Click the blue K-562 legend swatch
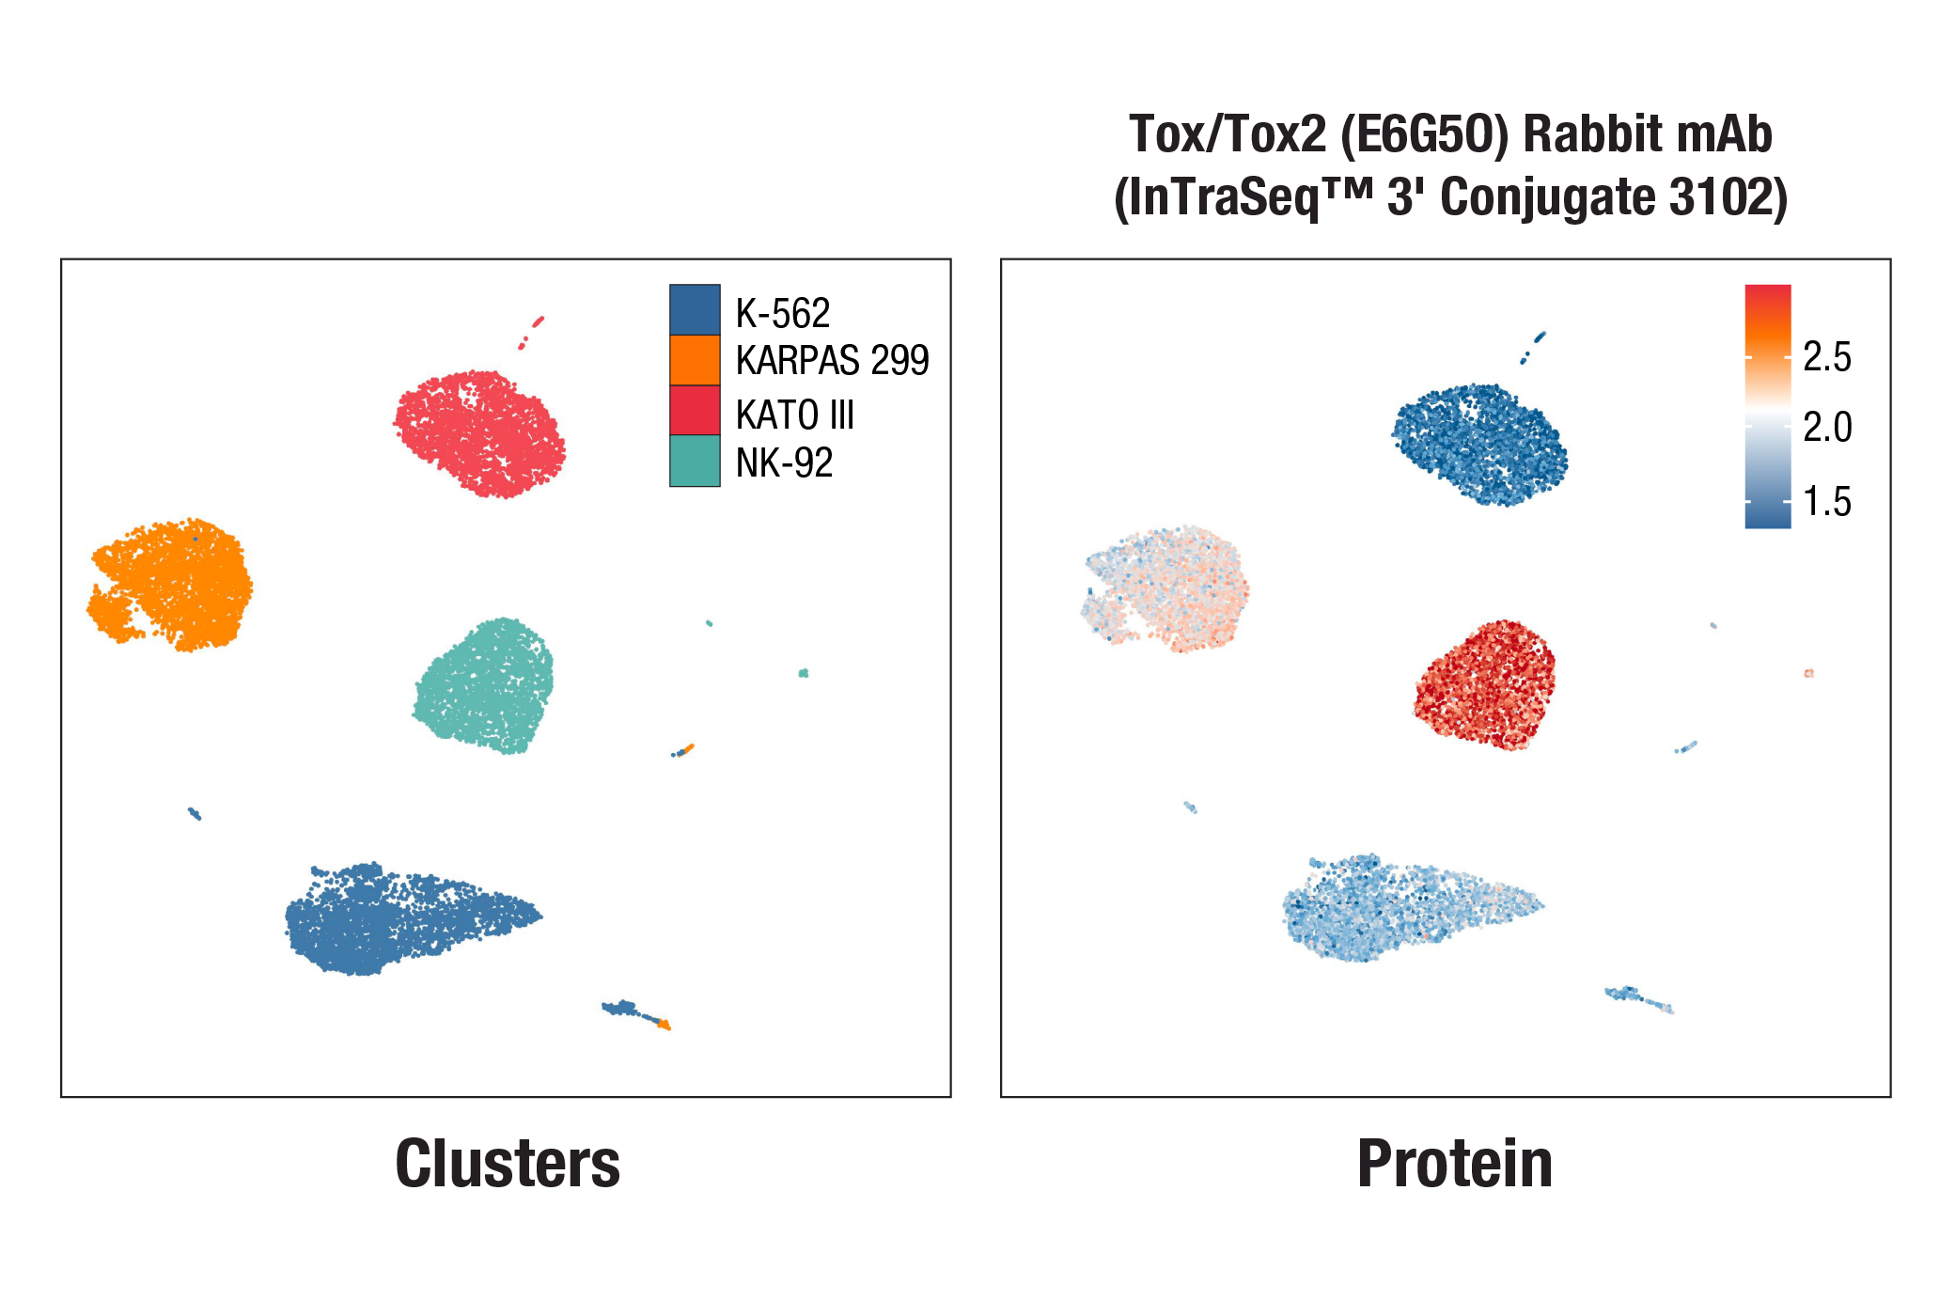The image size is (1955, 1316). click(x=695, y=309)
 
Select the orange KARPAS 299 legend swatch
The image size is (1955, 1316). click(x=695, y=360)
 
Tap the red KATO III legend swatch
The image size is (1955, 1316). click(x=695, y=411)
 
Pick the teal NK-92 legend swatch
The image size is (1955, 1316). click(x=695, y=461)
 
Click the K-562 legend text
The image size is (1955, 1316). click(x=783, y=314)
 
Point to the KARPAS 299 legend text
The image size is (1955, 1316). click(x=832, y=361)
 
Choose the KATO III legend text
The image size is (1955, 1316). click(x=794, y=415)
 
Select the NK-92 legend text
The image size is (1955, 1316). click(x=784, y=463)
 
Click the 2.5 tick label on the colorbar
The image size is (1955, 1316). click(x=1826, y=357)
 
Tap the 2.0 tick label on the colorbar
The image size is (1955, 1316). click(x=1826, y=428)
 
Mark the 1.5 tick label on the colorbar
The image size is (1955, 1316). click(x=1826, y=502)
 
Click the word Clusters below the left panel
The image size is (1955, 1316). click(x=508, y=1164)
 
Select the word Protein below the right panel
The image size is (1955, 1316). click(x=1454, y=1164)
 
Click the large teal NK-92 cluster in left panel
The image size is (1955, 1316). click(x=485, y=685)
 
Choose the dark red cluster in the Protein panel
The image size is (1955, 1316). click(x=1485, y=684)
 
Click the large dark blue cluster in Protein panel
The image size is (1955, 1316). click(x=1481, y=445)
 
